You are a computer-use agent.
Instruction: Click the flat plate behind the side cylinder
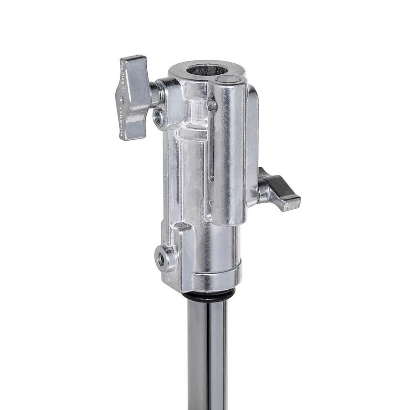coord(251,137)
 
